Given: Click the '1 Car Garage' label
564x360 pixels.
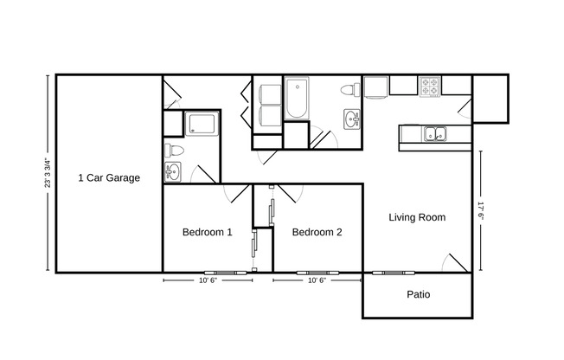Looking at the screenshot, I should click(109, 178).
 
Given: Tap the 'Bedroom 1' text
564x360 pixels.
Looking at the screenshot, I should click(208, 232).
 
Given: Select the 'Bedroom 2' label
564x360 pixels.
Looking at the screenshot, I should click(317, 232).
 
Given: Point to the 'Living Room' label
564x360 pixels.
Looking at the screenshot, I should click(417, 218).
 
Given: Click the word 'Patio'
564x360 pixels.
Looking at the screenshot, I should click(419, 295).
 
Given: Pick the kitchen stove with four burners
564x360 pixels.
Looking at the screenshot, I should click(431, 86).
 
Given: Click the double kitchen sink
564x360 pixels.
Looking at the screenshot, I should click(435, 134).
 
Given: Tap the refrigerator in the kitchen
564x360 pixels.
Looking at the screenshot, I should click(375, 87).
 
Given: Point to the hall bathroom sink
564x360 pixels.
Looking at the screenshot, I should click(352, 119).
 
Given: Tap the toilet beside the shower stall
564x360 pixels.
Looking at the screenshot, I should click(173, 151).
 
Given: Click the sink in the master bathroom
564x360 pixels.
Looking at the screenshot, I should click(171, 171).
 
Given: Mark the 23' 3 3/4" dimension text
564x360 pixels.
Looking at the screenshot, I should click(49, 172).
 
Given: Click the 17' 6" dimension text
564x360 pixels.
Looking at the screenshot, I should click(482, 212).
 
